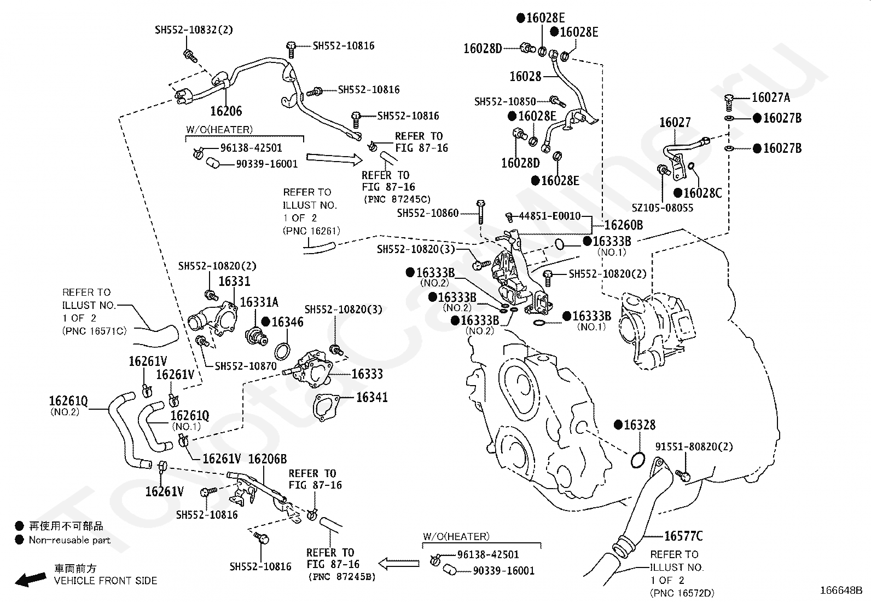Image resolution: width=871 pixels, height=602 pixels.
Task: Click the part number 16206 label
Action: (225, 111)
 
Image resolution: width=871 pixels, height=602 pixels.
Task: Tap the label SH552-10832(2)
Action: (194, 30)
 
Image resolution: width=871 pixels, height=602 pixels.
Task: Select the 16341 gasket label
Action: (371, 397)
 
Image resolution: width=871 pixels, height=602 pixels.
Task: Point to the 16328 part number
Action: (639, 425)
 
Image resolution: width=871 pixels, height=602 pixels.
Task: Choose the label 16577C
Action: (683, 536)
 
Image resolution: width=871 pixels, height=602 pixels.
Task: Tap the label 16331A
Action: (259, 302)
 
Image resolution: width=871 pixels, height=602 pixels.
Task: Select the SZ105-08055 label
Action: (663, 208)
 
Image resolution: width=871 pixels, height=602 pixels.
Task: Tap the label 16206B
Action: (268, 458)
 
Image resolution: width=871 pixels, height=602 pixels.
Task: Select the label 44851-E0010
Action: (549, 216)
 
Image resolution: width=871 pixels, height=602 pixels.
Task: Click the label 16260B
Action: (623, 225)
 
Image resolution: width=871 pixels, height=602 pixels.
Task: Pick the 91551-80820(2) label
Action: (694, 447)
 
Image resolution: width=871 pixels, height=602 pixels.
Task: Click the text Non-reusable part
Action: (69, 540)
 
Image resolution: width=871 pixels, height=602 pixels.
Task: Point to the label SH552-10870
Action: (246, 366)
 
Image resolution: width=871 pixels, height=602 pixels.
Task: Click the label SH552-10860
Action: (428, 213)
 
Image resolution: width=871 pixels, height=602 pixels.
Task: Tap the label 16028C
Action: (702, 193)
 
